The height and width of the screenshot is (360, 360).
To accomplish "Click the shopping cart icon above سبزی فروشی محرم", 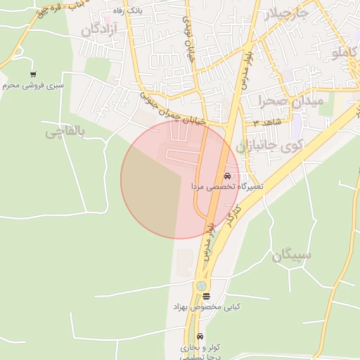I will (x=33, y=74).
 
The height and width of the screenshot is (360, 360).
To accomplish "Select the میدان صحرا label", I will (x=290, y=101).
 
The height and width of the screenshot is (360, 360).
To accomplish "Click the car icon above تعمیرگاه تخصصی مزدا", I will (x=226, y=176).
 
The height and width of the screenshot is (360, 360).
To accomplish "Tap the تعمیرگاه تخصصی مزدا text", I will (x=227, y=187).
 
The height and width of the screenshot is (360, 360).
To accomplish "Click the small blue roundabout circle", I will (x=202, y=285).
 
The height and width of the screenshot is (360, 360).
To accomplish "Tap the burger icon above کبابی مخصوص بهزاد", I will (x=206, y=297).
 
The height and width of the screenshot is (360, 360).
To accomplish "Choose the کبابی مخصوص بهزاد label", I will (x=207, y=308).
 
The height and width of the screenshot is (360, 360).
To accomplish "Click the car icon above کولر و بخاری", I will (x=201, y=336).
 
